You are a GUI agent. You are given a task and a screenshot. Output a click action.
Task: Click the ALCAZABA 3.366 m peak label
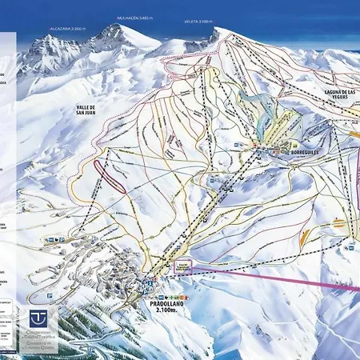pos(67,26)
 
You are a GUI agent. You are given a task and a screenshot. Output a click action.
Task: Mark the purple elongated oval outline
pos(110,174)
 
